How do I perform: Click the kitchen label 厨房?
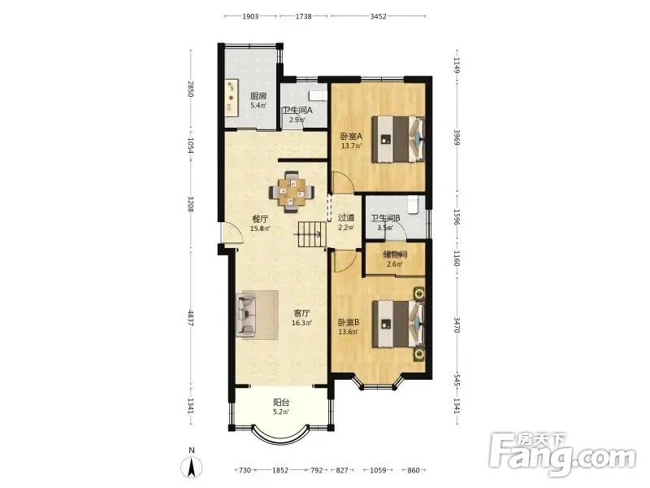(x=258, y=96)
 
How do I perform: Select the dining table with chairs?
(x=292, y=192)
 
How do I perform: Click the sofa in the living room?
(x=246, y=314)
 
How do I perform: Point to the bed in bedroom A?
(x=398, y=139)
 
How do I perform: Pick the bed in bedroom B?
(x=398, y=324)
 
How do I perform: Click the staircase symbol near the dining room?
(x=310, y=234)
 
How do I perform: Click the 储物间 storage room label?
(x=395, y=255)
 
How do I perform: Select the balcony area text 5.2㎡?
(x=281, y=412)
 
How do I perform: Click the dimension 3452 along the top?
(x=378, y=16)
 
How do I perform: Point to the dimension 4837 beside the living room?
(x=191, y=318)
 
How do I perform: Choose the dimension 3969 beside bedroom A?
(x=457, y=137)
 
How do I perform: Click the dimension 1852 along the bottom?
(x=280, y=470)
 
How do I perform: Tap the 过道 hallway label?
(x=346, y=217)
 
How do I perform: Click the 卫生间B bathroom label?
(x=385, y=218)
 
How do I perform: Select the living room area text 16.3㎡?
(x=301, y=322)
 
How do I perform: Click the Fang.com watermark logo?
(x=561, y=455)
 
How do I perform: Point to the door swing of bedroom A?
(x=343, y=182)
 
